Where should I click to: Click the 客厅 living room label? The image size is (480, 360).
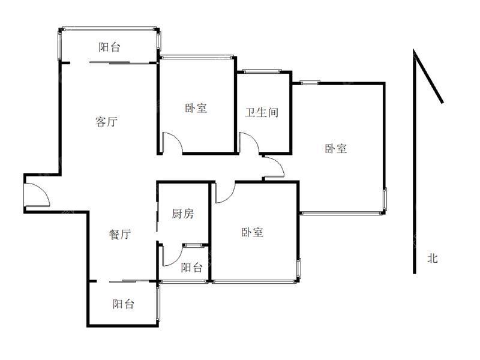tap(106, 122)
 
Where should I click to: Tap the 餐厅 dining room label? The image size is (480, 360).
tap(120, 234)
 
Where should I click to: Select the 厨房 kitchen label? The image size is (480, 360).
tap(183, 214)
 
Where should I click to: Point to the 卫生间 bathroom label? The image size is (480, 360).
tap(262, 112)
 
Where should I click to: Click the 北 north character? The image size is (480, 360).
tap(433, 259)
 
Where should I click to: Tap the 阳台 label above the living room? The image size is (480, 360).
tap(109, 47)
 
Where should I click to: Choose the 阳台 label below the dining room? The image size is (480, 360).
tap(123, 304)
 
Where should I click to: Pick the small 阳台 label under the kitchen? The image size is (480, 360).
tap(191, 268)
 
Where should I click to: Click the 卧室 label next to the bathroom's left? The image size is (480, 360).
tap(196, 108)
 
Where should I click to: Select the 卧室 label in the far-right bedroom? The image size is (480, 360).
tap(336, 148)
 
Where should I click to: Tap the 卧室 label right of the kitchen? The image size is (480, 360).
tap(252, 232)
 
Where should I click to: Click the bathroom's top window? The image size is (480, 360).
tap(262, 71)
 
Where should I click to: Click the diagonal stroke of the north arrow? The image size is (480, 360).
tap(428, 76)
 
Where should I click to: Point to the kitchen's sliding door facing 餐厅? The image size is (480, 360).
tap(157, 217)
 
